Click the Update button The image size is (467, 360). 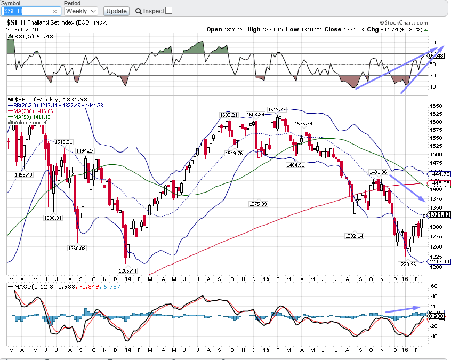coord(116,11)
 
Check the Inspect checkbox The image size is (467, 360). coord(169,10)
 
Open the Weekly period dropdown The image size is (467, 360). coord(80,11)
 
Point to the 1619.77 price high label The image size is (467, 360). coord(277,109)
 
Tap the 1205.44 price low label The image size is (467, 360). coord(127,271)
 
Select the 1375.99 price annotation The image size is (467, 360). coord(259,204)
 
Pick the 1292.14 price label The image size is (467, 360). coord(354,236)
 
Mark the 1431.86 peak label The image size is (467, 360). coord(377,171)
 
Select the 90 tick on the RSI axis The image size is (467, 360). coord(432,43)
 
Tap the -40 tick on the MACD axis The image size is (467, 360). coord(433,336)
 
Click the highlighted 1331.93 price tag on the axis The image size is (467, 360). coord(439,214)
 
